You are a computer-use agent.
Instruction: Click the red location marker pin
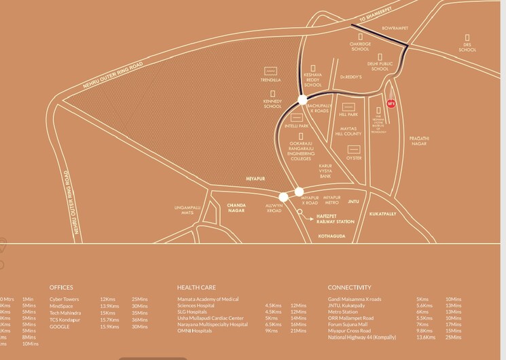pyautogui.click(x=391, y=103)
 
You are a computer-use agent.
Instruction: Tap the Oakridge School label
pyautogui.click(x=360, y=46)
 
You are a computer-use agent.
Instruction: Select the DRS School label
pyautogui.click(x=467, y=47)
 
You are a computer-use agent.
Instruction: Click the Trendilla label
pyautogui.click(x=270, y=79)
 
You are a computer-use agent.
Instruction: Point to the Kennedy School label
pyautogui.click(x=272, y=104)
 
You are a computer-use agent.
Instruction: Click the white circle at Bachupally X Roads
pyautogui.click(x=303, y=100)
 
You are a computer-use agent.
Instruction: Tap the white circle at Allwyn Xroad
pyautogui.click(x=284, y=197)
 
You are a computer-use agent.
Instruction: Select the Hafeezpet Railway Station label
pyautogui.click(x=336, y=217)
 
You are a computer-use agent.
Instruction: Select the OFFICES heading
pyautogui.click(x=61, y=287)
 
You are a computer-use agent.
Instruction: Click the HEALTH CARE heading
pyautogui.click(x=198, y=287)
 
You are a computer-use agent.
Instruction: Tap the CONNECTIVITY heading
pyautogui.click(x=350, y=287)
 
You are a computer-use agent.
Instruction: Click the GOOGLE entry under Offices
pyautogui.click(x=60, y=327)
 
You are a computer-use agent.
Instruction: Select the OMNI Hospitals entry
pyautogui.click(x=195, y=331)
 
